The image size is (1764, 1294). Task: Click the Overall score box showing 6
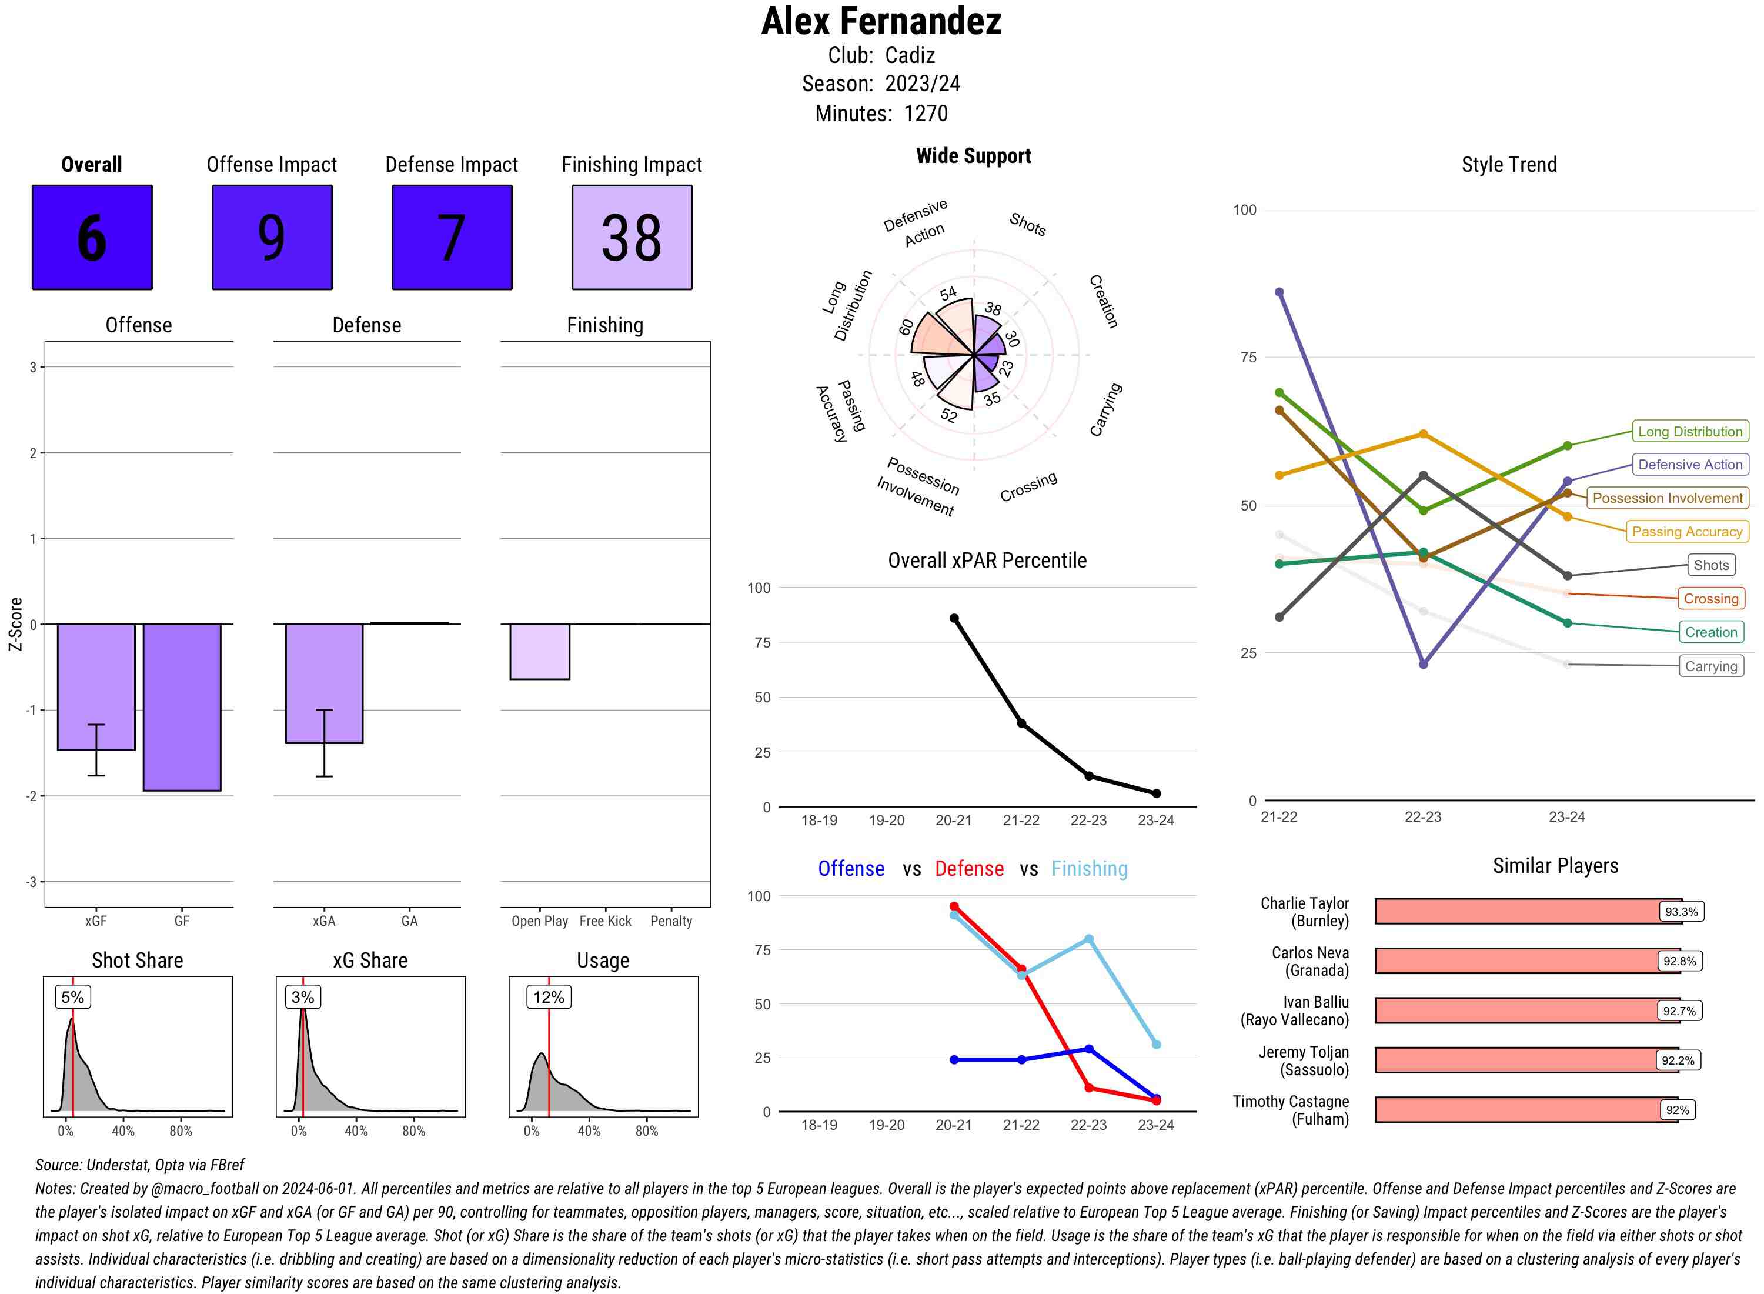(92, 238)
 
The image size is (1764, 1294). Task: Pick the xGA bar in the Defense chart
(323, 683)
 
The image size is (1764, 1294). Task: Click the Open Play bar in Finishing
(539, 652)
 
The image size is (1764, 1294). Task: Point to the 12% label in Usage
(548, 997)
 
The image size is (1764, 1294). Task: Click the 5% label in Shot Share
(72, 997)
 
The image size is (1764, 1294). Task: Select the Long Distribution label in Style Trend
(1690, 432)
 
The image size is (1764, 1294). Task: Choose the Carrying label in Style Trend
(1710, 666)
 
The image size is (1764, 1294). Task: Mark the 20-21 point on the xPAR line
(954, 618)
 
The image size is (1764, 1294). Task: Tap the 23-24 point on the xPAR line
(1155, 793)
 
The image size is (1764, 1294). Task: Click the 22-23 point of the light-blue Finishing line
(1088, 939)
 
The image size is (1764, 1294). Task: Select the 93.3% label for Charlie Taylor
(1681, 912)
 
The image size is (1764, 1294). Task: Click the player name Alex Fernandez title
(881, 22)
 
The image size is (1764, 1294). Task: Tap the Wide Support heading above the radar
(973, 156)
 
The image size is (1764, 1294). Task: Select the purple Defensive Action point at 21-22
(1278, 292)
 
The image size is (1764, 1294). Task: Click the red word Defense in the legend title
(968, 869)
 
